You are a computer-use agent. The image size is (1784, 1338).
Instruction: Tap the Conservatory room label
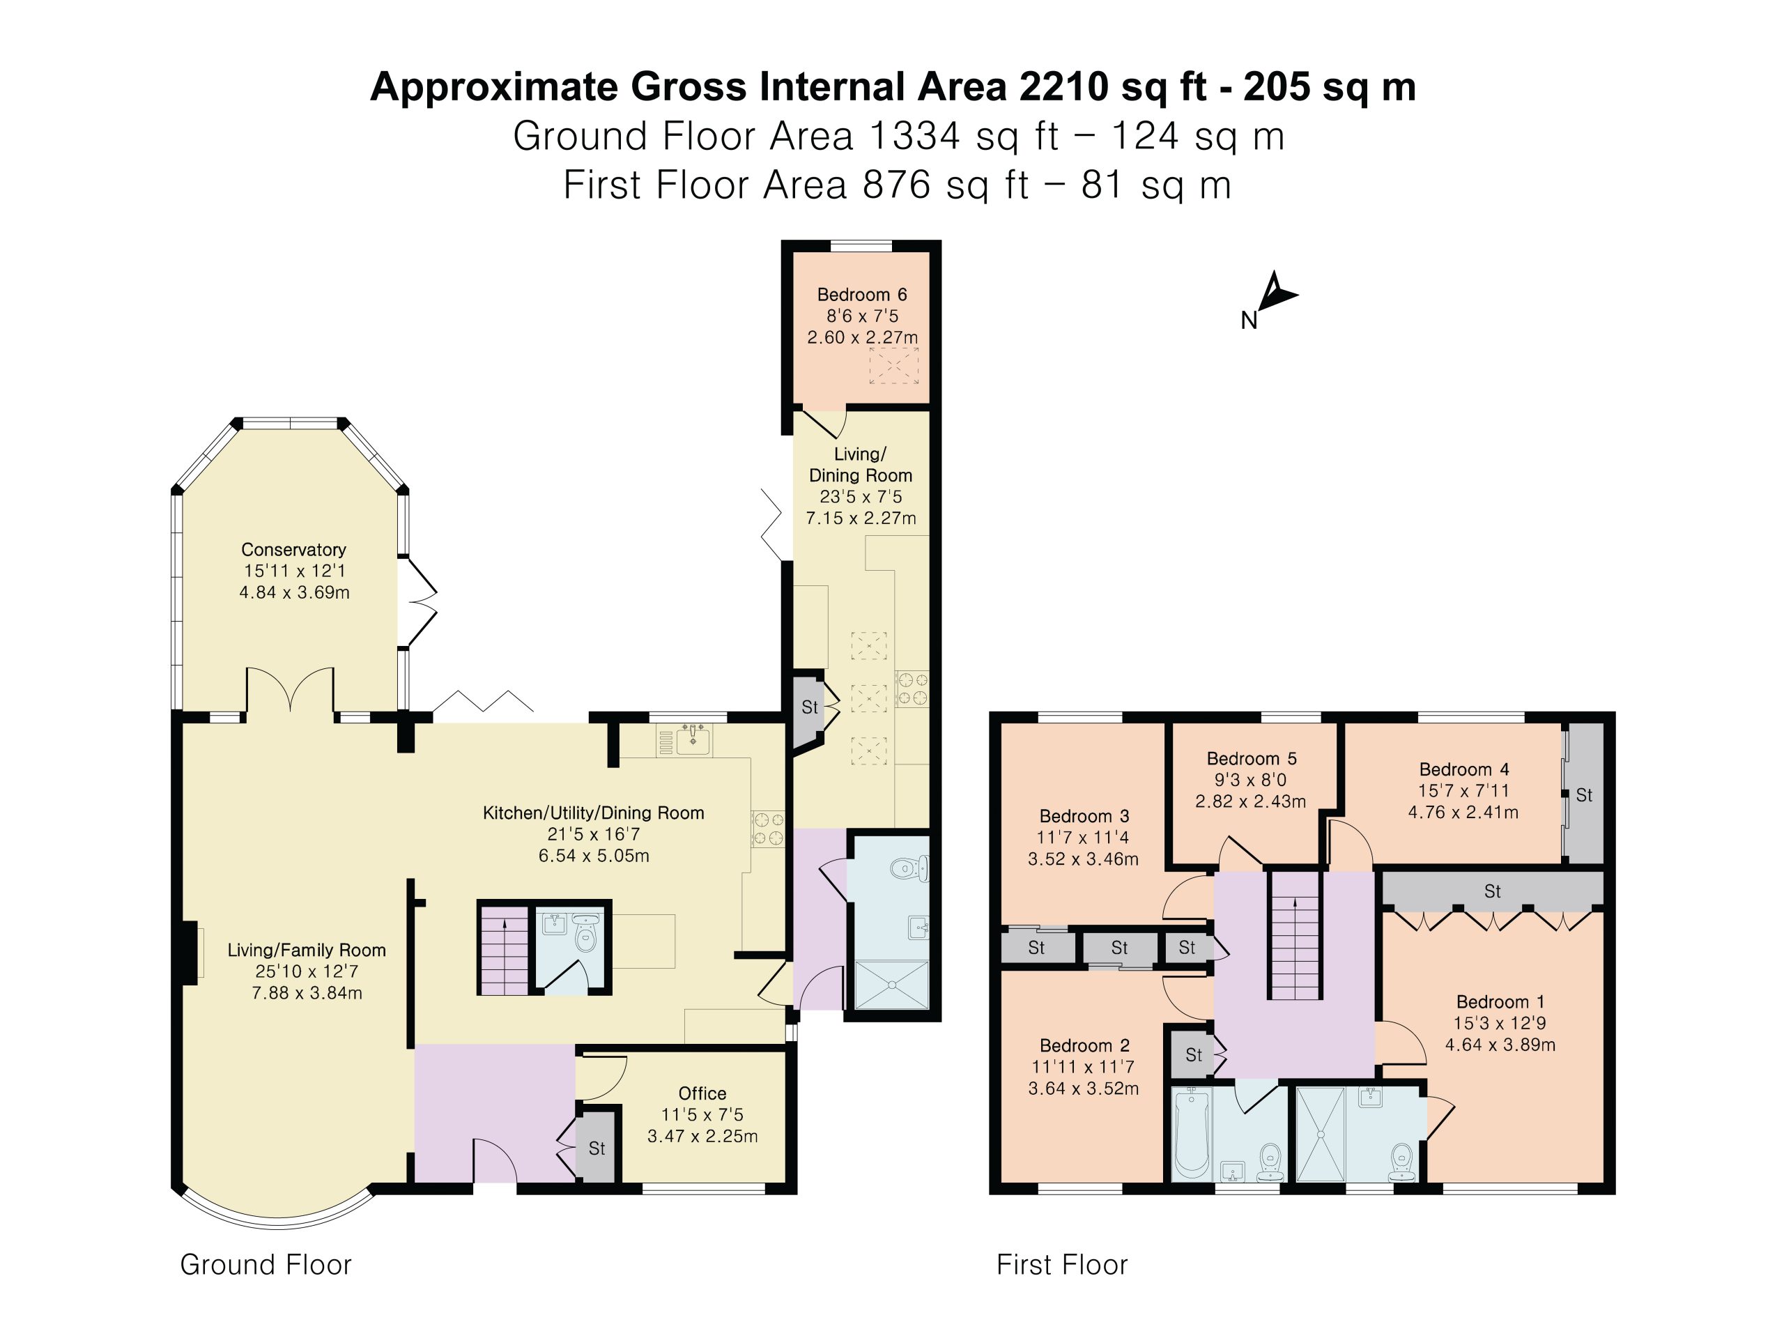(x=293, y=549)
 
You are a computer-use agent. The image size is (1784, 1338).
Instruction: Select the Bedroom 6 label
(x=861, y=294)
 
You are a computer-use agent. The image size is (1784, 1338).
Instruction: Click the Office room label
(x=702, y=1093)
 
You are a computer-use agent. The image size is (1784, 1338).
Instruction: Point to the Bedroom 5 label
(x=1251, y=758)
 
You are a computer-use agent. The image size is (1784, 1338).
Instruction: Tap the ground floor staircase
(x=504, y=949)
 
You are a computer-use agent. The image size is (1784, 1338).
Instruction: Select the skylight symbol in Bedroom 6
(x=893, y=365)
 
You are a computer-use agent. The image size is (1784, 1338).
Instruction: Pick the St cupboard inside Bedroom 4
(x=1583, y=794)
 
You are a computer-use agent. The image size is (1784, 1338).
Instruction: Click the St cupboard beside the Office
(x=596, y=1148)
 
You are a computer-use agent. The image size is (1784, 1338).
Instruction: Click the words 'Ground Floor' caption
(x=266, y=1264)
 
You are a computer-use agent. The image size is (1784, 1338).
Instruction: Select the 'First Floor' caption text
(x=1061, y=1264)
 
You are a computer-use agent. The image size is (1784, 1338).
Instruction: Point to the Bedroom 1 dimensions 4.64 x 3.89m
(x=1499, y=1045)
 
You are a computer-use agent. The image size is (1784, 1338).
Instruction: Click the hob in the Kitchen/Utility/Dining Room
(x=768, y=829)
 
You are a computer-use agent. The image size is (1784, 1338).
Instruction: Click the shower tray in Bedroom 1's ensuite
(x=1321, y=1134)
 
